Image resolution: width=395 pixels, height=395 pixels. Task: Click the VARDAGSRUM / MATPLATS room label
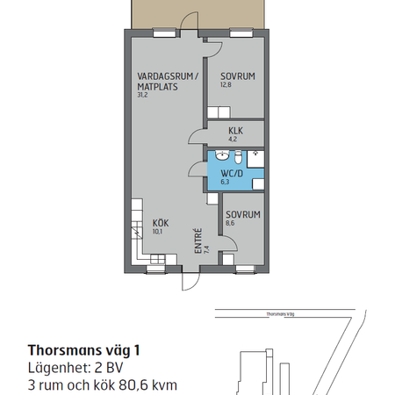pyautogui.click(x=168, y=81)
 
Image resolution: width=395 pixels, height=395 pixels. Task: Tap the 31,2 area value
pyautogui.click(x=142, y=96)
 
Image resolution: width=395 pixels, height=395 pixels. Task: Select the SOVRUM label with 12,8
pyautogui.click(x=237, y=75)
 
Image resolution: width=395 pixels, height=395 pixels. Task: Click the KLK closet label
pyautogui.click(x=234, y=131)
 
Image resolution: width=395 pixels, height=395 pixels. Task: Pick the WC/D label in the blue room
pyautogui.click(x=233, y=172)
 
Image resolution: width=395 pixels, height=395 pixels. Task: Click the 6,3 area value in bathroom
pyautogui.click(x=226, y=183)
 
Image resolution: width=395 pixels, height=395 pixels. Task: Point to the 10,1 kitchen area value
pyautogui.click(x=158, y=233)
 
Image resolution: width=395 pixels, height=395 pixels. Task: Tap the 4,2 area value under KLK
pyautogui.click(x=233, y=139)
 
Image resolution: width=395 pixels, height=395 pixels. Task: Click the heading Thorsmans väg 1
pyautogui.click(x=83, y=348)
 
